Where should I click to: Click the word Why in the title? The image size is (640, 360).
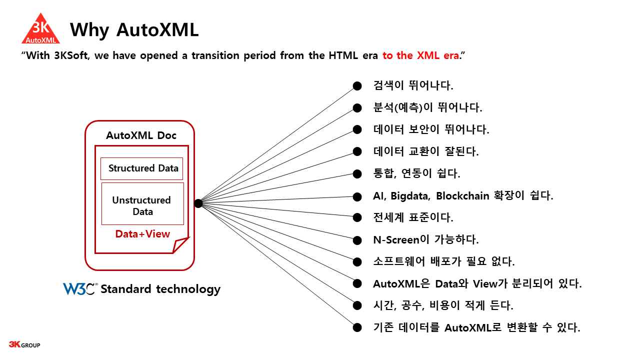[x=89, y=30]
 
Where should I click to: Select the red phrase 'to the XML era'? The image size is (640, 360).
[x=421, y=55]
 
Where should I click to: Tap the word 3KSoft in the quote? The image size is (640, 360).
[x=72, y=55]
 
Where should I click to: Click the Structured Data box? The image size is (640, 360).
[x=141, y=168]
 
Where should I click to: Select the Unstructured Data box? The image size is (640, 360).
[x=142, y=203]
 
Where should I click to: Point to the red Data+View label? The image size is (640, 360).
[x=142, y=234]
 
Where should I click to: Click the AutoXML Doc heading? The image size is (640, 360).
[x=141, y=135]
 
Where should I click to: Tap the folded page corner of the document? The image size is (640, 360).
[x=180, y=245]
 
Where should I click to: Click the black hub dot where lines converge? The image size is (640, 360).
[x=198, y=203]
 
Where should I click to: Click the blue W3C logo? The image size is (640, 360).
[x=80, y=289]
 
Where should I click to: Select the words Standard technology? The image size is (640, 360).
[x=160, y=289]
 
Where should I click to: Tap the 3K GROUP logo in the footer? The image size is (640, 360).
[x=24, y=344]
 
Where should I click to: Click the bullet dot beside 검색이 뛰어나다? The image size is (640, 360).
[x=357, y=86]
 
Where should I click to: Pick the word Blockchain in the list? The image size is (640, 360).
[x=462, y=196]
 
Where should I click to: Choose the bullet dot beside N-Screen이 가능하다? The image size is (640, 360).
[x=357, y=240]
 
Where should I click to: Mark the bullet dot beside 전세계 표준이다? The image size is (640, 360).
[x=357, y=217]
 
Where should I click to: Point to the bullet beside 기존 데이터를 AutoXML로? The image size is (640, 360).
[x=357, y=327]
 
